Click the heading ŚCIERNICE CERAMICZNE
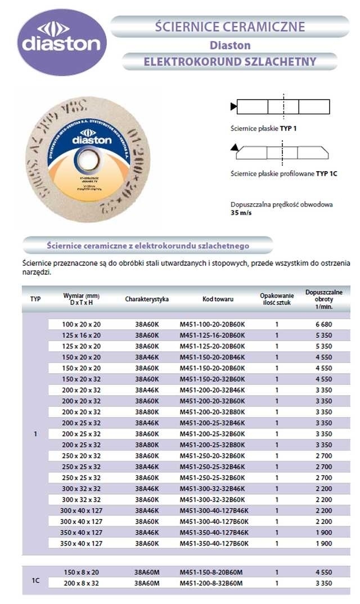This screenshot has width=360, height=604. click(x=229, y=26)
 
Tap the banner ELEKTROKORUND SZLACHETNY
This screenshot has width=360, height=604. click(x=229, y=61)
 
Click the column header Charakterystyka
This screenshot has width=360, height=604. click(x=147, y=299)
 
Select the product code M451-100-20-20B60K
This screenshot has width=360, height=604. click(x=212, y=325)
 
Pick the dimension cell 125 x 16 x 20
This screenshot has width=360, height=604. click(x=82, y=335)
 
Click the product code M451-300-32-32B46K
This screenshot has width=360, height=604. click(x=212, y=489)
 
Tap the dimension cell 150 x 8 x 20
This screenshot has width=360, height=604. click(x=82, y=572)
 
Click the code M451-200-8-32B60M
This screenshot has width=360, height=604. click(x=212, y=583)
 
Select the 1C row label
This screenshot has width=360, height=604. click(x=35, y=578)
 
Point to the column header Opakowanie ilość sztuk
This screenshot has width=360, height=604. click(x=277, y=299)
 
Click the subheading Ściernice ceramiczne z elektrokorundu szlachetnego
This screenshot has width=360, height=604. click(x=147, y=246)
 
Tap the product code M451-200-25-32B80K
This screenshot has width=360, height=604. click(x=212, y=445)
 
